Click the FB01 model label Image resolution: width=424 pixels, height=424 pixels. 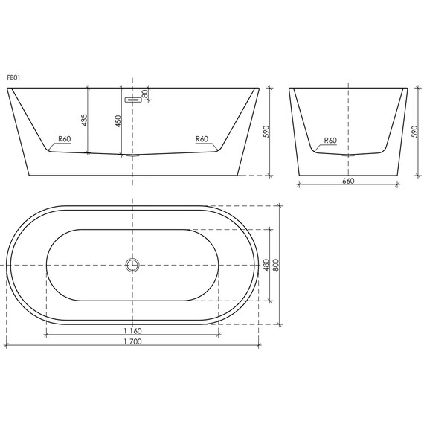click(x=13, y=77)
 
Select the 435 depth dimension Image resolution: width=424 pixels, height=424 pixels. click(x=84, y=120)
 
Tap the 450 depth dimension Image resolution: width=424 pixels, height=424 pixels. click(x=118, y=121)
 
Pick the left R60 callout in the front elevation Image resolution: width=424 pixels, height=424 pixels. click(x=65, y=139)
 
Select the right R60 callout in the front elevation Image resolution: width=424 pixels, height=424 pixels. click(x=202, y=139)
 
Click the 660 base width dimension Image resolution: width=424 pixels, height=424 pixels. click(x=347, y=181)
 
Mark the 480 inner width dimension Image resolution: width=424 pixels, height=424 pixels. click(x=266, y=265)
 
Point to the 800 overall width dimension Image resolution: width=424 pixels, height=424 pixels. click(x=276, y=265)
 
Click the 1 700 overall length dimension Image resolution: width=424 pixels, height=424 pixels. click(x=132, y=342)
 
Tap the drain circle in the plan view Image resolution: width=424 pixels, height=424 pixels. click(x=133, y=265)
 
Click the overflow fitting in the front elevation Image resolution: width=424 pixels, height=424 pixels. click(x=133, y=97)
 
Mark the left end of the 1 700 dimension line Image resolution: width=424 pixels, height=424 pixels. click(x=7, y=347)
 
